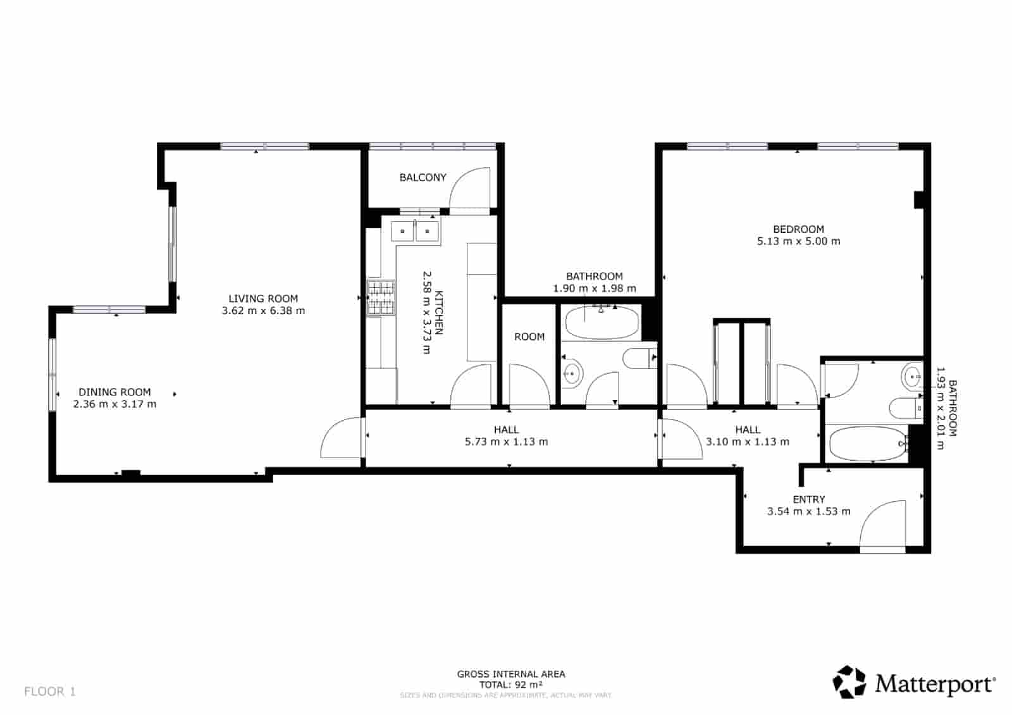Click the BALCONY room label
[x=423, y=178]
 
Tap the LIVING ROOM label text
[x=263, y=299]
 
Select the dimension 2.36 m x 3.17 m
[x=114, y=404]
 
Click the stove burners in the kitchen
[x=381, y=298]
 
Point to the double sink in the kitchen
[x=415, y=231]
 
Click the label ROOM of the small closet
[x=529, y=337]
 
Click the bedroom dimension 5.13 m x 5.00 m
[x=798, y=241]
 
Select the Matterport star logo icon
[x=849, y=682]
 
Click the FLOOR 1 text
[x=50, y=692]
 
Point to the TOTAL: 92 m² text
[x=511, y=685]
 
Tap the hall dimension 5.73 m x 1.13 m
[x=506, y=442]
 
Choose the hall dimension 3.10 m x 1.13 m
[x=748, y=442]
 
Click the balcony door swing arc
[x=471, y=187]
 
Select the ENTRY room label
[x=808, y=499]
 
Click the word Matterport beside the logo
[x=935, y=684]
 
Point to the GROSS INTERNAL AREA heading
[x=511, y=675]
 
